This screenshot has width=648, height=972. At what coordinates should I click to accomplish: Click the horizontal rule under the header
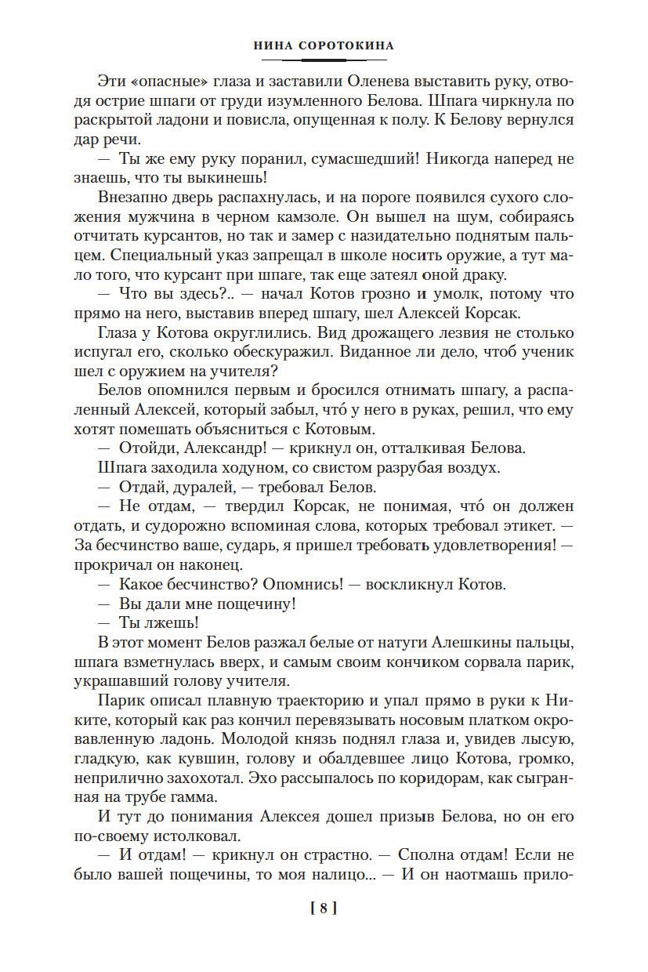[x=324, y=60]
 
